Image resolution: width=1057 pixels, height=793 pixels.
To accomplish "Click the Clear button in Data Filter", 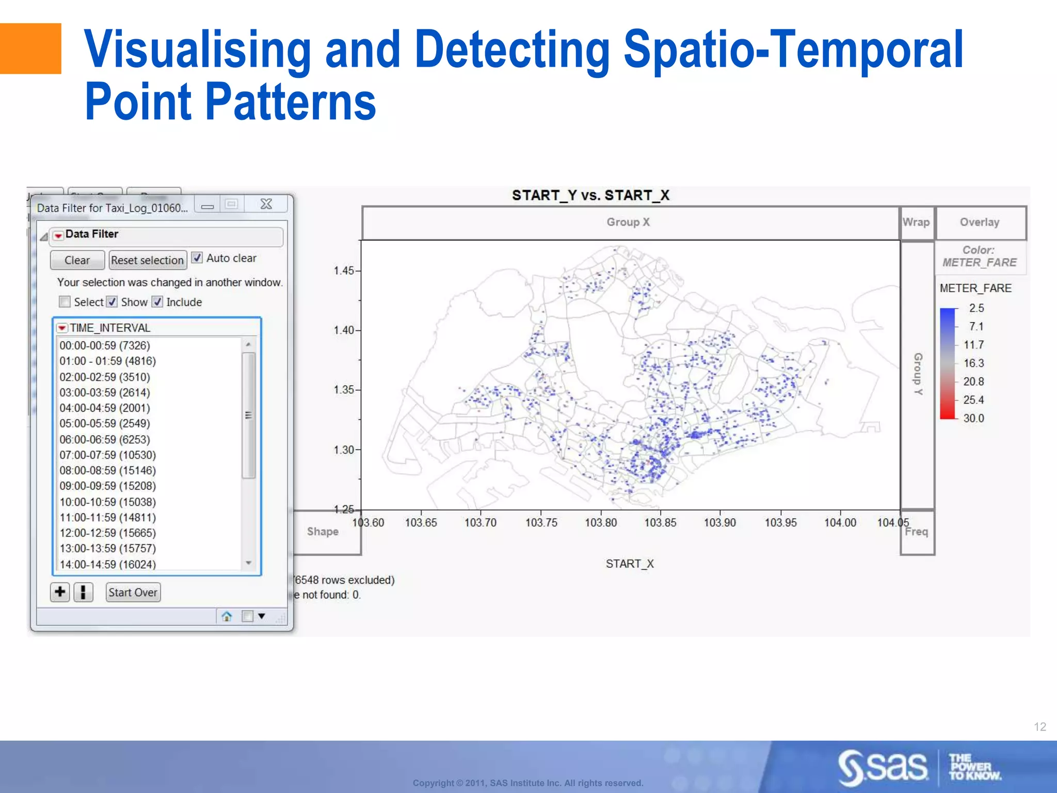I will point(77,260).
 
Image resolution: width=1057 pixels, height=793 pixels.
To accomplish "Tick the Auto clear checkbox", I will point(197,258).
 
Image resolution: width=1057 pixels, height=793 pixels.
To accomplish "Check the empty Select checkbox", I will point(65,302).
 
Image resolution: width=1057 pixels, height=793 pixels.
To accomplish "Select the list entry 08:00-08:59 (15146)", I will point(107,470).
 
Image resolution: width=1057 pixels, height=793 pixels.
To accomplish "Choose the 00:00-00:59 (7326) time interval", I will point(105,345).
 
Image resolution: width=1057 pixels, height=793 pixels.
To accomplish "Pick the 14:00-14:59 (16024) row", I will point(107,564).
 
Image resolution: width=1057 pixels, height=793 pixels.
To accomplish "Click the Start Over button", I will point(133,592).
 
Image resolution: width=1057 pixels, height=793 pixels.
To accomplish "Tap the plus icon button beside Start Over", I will point(60,592).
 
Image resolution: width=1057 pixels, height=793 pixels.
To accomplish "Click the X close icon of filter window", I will point(266,204).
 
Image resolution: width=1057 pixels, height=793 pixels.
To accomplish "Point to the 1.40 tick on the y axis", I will point(344,330).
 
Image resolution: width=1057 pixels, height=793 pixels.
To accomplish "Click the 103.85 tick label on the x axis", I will point(660,522).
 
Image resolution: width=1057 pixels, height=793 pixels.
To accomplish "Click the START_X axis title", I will point(629,564).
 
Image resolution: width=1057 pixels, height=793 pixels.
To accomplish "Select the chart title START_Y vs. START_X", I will point(590,195).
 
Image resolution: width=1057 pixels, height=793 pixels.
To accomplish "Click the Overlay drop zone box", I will point(980,223).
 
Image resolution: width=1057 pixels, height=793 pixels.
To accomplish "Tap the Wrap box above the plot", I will point(916,223).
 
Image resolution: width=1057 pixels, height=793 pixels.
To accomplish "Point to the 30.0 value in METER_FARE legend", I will point(973,418).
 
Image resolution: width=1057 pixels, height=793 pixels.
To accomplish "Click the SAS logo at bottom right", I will point(883,767).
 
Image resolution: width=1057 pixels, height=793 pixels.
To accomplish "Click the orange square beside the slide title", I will point(30,49).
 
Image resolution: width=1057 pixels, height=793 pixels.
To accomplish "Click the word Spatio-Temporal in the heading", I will point(793,50).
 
